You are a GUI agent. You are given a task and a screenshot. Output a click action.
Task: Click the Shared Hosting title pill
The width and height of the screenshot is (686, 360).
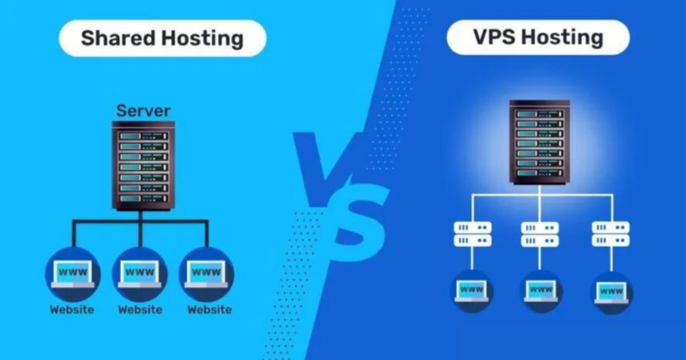(161, 39)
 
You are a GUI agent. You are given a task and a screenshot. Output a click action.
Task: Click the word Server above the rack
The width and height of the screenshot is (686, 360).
(143, 111)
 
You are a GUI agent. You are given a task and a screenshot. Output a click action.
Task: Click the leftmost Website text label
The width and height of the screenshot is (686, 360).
(70, 309)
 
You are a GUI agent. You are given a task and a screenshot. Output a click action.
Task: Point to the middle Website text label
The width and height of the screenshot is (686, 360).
(140, 309)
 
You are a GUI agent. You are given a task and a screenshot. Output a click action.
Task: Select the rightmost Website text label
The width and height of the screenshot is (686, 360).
(209, 309)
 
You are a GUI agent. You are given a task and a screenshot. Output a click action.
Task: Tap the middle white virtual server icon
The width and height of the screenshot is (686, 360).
(539, 234)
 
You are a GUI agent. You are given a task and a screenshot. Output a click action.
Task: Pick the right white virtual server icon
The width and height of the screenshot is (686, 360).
(610, 234)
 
